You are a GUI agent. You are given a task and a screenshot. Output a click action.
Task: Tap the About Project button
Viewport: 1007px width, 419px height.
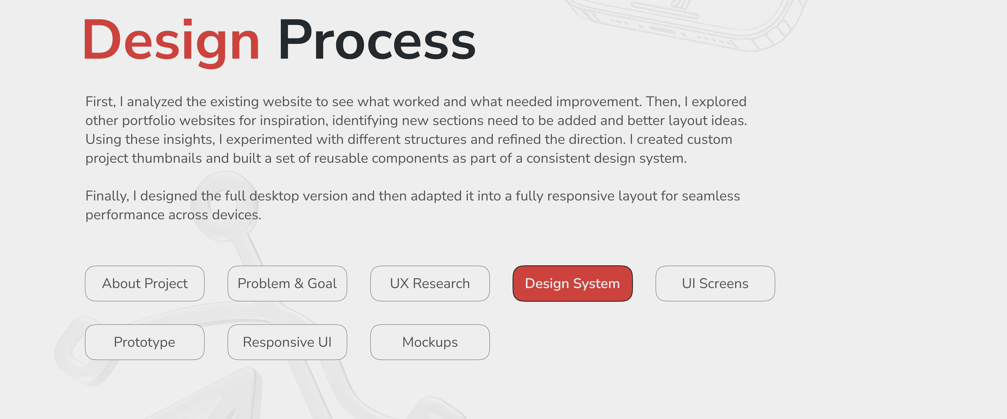pos(145,284)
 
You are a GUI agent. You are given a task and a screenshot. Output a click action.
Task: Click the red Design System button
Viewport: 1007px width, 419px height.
pos(572,284)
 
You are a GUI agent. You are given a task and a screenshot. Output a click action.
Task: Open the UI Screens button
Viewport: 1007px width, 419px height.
pos(715,284)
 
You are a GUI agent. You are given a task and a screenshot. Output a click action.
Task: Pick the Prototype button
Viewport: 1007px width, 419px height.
pos(145,342)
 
